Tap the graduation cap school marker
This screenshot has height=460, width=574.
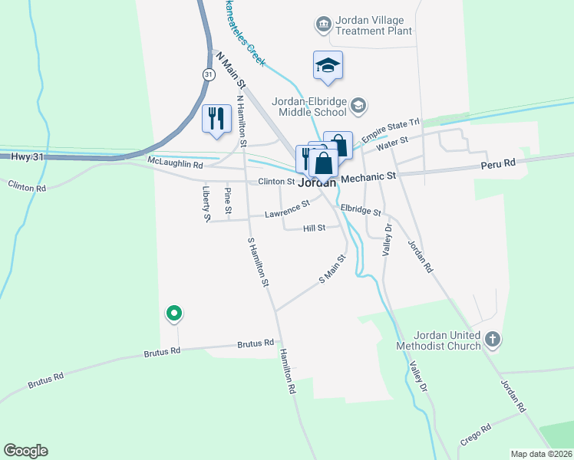pyautogui.click(x=328, y=65)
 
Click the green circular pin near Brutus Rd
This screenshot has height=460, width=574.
pyautogui.click(x=174, y=313)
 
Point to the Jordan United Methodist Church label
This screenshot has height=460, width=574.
pyautogui.click(x=447, y=340)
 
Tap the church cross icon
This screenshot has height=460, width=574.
pyautogui.click(x=493, y=338)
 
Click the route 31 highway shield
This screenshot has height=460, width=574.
pyautogui.click(x=208, y=74)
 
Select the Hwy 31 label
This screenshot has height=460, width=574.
pyautogui.click(x=28, y=156)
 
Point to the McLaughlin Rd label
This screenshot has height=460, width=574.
pyautogui.click(x=175, y=164)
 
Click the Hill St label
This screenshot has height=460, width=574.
pyautogui.click(x=315, y=228)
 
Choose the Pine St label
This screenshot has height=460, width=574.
pyautogui.click(x=227, y=201)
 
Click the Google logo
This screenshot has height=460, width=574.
pyautogui.click(x=25, y=451)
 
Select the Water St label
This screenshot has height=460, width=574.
pyautogui.click(x=391, y=142)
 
